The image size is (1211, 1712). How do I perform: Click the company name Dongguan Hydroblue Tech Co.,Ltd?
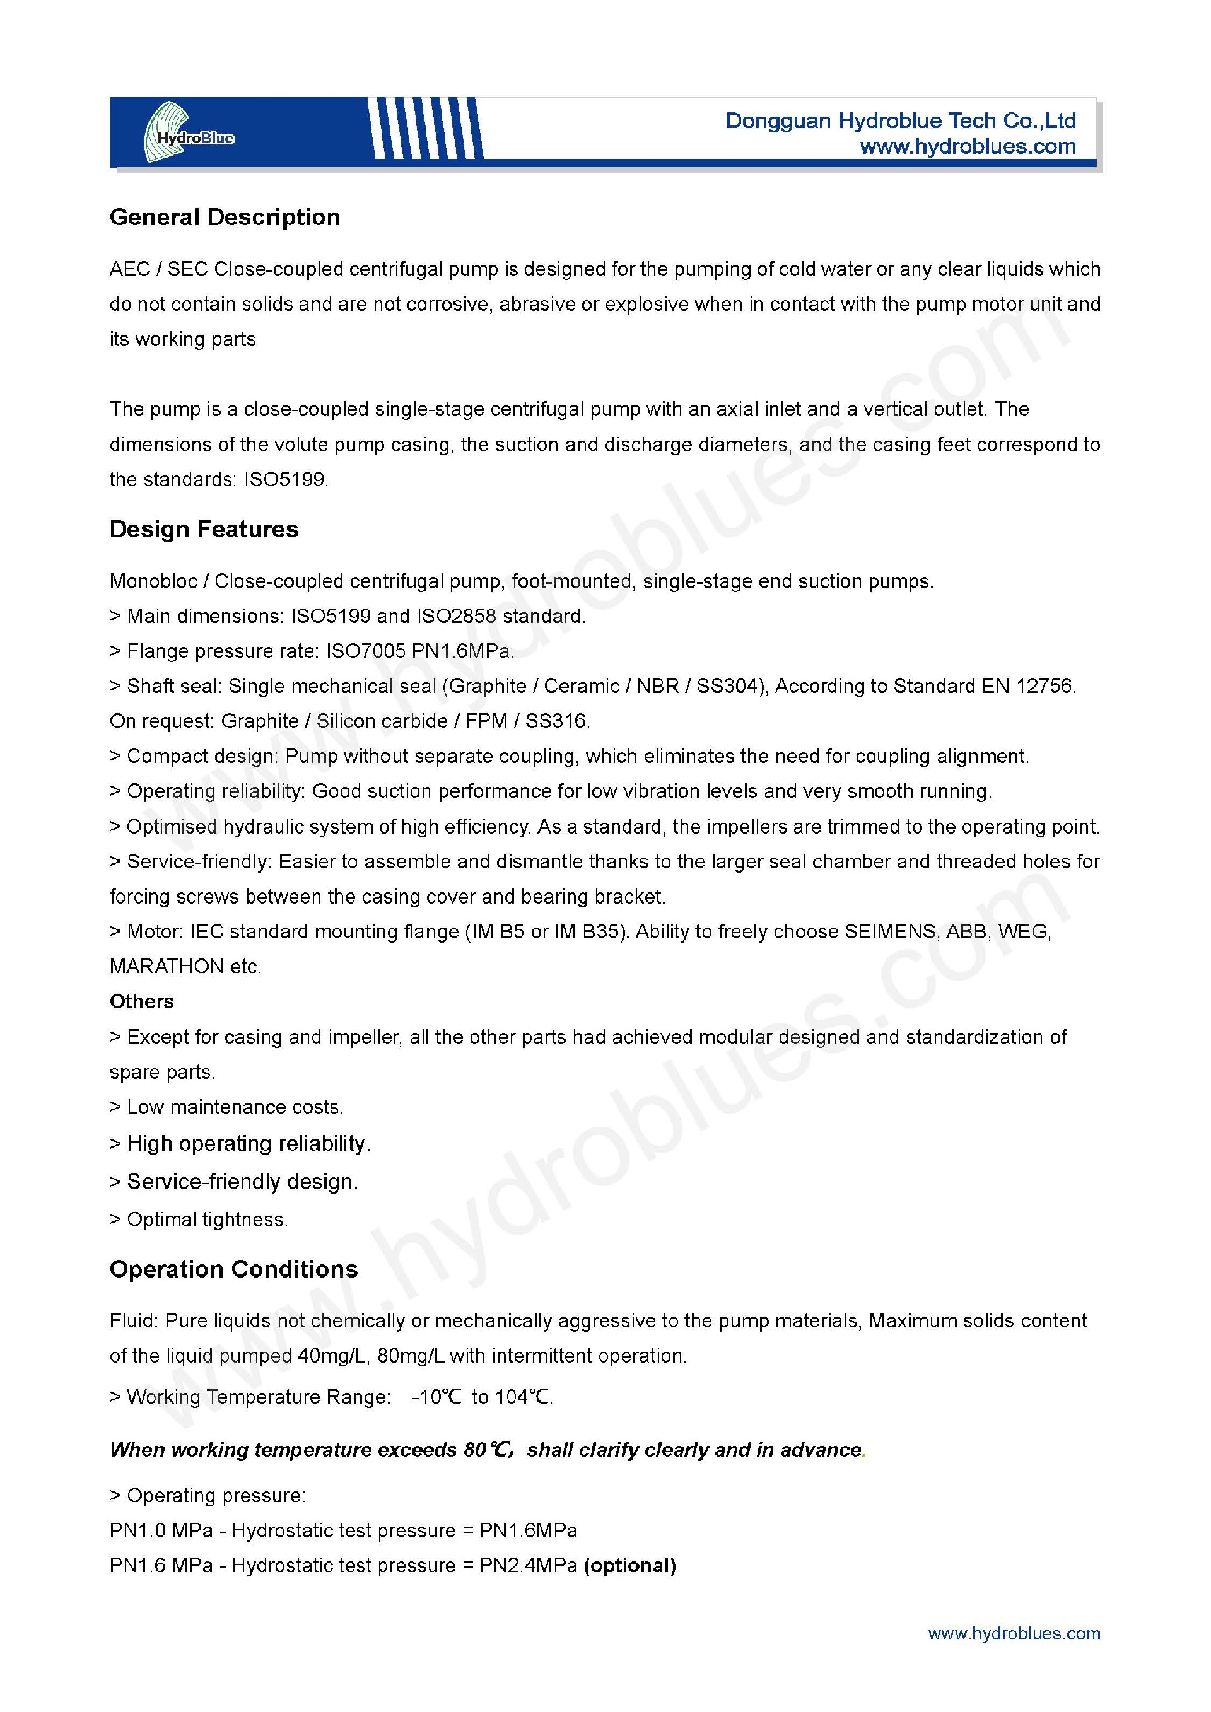900,121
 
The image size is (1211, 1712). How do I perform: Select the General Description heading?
225,217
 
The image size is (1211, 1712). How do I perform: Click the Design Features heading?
204,530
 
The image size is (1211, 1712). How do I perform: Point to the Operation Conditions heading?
233,1269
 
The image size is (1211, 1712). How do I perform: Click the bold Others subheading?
142,1001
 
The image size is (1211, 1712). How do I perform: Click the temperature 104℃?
523,1397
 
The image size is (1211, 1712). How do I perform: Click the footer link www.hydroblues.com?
1014,1634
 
